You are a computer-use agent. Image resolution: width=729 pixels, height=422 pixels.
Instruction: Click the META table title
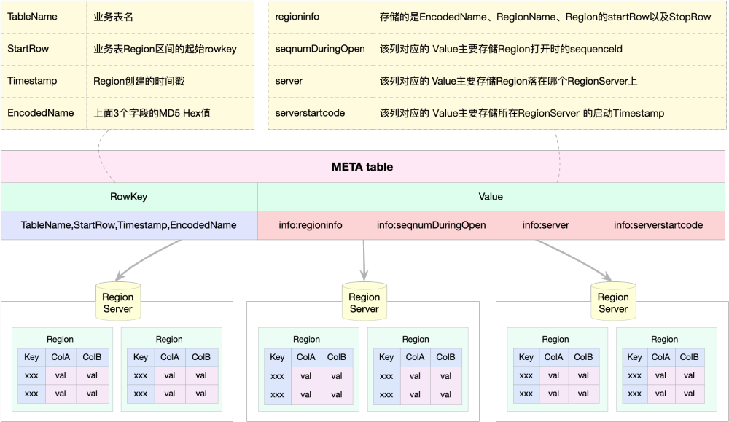[x=362, y=167]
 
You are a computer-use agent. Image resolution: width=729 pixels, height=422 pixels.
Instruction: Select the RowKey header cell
[x=128, y=196]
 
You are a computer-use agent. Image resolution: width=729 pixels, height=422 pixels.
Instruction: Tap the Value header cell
[x=491, y=196]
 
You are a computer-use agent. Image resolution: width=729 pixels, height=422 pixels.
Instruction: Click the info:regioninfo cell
[x=311, y=225]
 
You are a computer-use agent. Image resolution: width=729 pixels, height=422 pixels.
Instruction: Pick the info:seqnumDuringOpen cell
[x=431, y=225]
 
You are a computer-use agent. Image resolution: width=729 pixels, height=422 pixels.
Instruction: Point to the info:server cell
[x=545, y=225]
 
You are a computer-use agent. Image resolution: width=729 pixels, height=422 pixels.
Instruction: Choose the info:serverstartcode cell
[x=658, y=225]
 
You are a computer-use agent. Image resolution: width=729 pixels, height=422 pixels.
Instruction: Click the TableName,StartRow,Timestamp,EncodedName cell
[x=128, y=225]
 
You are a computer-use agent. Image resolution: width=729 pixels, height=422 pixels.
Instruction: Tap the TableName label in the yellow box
[x=32, y=16]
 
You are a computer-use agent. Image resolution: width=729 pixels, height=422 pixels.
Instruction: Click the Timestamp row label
[x=32, y=81]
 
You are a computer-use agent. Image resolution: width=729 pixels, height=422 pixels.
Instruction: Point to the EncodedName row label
[x=41, y=113]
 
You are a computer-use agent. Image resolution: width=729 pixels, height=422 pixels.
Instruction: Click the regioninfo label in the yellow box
[x=297, y=16]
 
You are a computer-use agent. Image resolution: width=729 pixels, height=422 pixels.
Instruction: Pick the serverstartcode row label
[x=310, y=113]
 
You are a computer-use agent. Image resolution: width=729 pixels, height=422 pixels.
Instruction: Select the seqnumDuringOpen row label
[x=320, y=48]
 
